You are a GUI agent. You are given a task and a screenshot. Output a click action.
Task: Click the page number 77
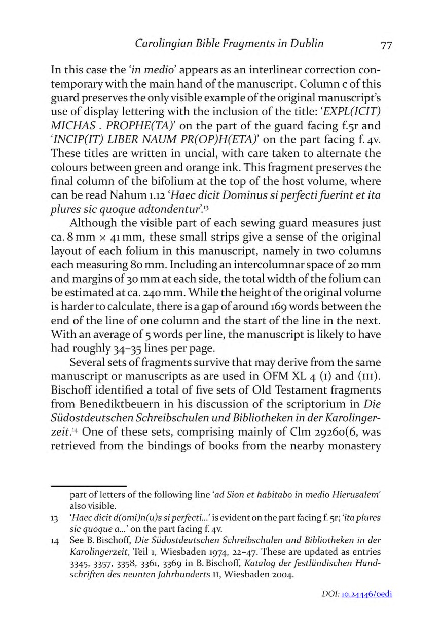pos(386,45)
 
